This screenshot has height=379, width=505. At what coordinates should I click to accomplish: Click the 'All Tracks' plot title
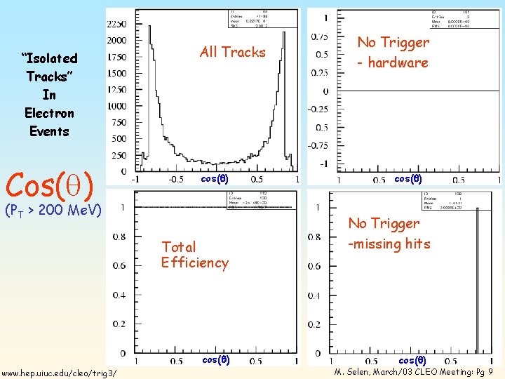pos(232,52)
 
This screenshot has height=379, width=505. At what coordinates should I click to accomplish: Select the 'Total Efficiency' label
pos(194,255)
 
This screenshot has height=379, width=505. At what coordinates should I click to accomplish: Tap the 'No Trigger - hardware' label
pos(393,53)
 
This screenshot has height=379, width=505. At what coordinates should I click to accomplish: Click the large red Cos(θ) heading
pos(50,184)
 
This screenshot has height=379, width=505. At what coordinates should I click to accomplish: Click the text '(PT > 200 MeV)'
pos(53,209)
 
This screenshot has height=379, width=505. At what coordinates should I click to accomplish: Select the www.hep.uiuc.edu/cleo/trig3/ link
pos(60,372)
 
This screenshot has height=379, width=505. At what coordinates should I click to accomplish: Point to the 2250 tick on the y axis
pos(116,24)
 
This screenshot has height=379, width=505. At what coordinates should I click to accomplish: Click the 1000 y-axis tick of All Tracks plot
pos(116,106)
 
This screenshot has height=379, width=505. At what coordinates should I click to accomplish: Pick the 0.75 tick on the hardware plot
pos(319,36)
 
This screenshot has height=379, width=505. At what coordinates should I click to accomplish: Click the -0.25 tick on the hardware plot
pos(317,109)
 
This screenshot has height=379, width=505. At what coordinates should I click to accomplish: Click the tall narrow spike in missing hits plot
pos(476,281)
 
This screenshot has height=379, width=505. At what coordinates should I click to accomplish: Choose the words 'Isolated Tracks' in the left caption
pos(49,67)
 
